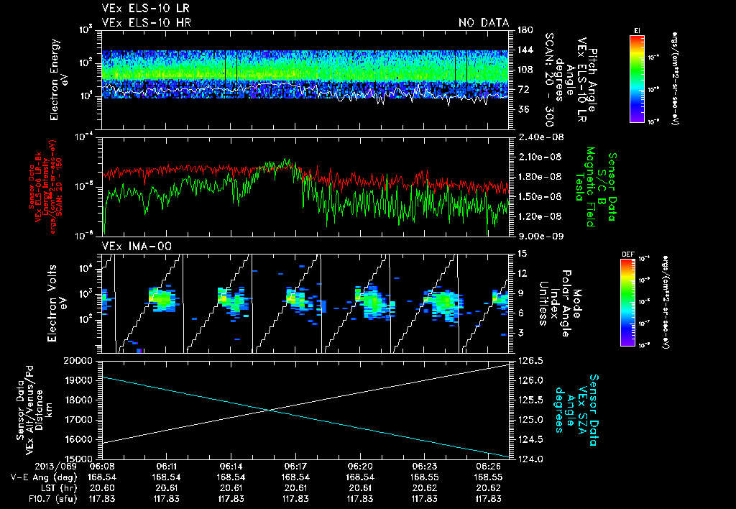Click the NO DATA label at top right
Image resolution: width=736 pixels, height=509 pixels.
(x=484, y=22)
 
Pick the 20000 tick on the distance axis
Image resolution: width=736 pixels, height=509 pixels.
(x=81, y=360)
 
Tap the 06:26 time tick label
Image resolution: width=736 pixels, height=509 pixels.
(x=490, y=466)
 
